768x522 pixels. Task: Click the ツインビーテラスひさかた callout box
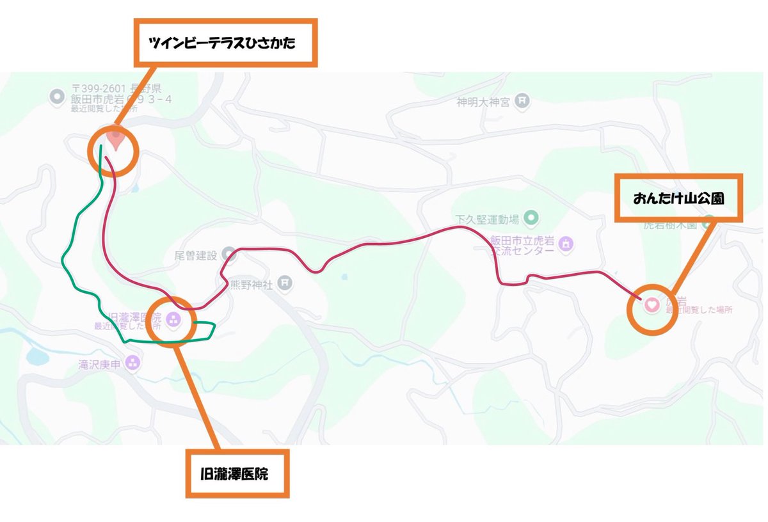pyautogui.click(x=225, y=43)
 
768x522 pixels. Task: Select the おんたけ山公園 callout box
pyautogui.click(x=678, y=198)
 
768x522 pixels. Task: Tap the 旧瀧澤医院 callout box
pyautogui.click(x=237, y=473)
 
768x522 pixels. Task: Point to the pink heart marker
pyautogui.click(x=651, y=304)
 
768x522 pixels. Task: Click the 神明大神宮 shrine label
pyautogui.click(x=483, y=102)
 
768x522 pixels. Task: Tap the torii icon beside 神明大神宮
pyautogui.click(x=523, y=100)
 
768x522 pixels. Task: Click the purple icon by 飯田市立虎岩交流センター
pyautogui.click(x=566, y=244)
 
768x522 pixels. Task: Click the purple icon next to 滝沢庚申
pyautogui.click(x=132, y=363)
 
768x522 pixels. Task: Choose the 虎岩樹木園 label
pyautogui.click(x=669, y=225)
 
